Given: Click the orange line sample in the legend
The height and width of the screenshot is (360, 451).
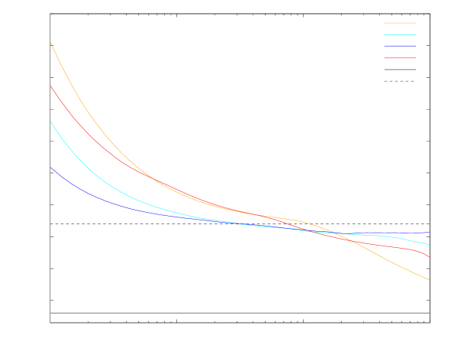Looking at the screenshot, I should coord(400,23).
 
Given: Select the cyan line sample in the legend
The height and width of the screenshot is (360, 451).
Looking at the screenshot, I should coord(400,34).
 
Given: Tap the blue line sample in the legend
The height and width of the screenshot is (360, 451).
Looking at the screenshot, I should coord(400,47).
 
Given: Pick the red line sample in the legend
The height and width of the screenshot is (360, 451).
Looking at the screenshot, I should coord(400,58).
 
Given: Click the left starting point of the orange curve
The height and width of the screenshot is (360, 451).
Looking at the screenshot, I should coord(50,42).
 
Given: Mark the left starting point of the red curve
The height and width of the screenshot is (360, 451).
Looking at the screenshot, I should coord(50,86).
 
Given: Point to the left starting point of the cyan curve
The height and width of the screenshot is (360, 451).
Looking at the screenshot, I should coord(50,121).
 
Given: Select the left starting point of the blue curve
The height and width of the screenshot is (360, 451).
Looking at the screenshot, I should coord(50,167).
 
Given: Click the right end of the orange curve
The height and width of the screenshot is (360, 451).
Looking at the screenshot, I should coord(429,280).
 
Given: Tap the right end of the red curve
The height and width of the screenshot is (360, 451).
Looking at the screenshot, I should coord(429,257).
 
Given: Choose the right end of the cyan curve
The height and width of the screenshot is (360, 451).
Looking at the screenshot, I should coord(429,245).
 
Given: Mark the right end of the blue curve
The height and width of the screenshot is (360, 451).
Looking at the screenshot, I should coord(429,233).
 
